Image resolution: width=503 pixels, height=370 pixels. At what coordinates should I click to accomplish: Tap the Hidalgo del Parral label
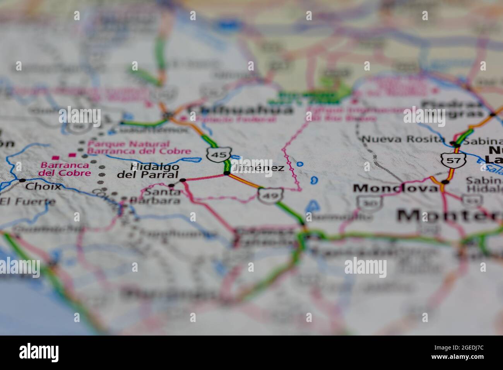pyautogui.click(x=149, y=171)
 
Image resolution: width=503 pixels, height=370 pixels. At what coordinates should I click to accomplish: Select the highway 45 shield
pyautogui.click(x=219, y=155)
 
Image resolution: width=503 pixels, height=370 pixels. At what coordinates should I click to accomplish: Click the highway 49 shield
pyautogui.click(x=270, y=195)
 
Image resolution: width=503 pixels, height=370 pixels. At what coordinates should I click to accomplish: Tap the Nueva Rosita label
pyautogui.click(x=403, y=139)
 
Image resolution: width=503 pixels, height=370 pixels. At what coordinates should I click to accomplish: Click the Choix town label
pyautogui.click(x=43, y=187)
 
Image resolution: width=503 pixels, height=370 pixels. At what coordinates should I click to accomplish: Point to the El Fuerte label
pyautogui.click(x=28, y=202)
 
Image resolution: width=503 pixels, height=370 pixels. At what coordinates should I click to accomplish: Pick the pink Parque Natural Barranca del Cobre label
pyautogui.click(x=139, y=147)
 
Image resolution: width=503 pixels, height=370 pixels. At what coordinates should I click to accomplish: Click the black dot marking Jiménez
pyautogui.click(x=226, y=173)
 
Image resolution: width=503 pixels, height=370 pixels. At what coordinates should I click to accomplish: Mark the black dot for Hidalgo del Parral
pyautogui.click(x=183, y=180)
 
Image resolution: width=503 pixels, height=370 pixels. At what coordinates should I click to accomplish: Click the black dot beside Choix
pyautogui.click(x=22, y=180)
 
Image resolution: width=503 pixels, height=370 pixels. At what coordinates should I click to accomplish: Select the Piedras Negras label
pyautogui.click(x=453, y=109)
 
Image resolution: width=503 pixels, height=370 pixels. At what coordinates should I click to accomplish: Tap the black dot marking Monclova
pyautogui.click(x=445, y=182)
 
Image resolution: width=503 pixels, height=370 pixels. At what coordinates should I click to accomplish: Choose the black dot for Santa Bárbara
pyautogui.click(x=171, y=186)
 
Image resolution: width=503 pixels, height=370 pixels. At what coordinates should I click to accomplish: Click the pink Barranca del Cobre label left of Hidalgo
pyautogui.click(x=65, y=169)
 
